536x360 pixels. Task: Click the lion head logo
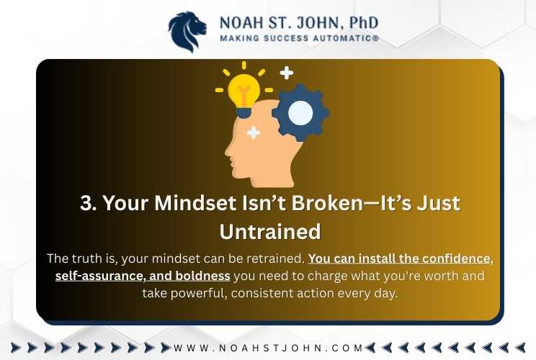[x=187, y=32]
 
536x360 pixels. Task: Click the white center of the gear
[x=300, y=113]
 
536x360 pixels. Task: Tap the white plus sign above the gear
[x=286, y=73]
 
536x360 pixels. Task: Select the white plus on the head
[x=254, y=132]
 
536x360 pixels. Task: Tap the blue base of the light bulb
[x=244, y=112]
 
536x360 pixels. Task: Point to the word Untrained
[x=270, y=232]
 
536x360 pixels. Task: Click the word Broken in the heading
[x=327, y=203]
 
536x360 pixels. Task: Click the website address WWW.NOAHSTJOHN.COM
[x=268, y=348]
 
